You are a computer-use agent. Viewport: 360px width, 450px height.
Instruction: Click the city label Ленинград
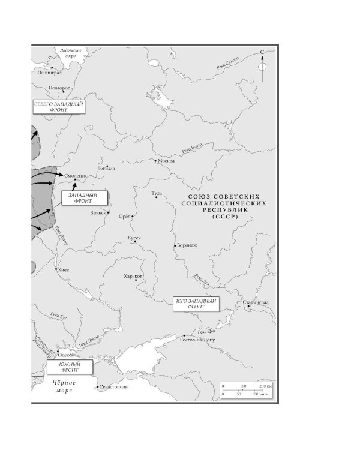49,73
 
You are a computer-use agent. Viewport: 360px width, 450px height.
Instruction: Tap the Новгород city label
59,88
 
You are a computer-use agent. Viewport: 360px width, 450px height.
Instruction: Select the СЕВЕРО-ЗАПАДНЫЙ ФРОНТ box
59,107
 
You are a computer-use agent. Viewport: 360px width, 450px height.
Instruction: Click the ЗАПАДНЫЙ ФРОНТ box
80,198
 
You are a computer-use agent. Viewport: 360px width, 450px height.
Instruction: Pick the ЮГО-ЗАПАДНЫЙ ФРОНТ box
196,303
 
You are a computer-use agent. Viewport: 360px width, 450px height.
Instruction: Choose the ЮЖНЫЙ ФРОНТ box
64,365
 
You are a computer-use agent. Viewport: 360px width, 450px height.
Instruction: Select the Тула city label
157,193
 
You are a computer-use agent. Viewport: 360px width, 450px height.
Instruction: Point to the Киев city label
64,270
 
